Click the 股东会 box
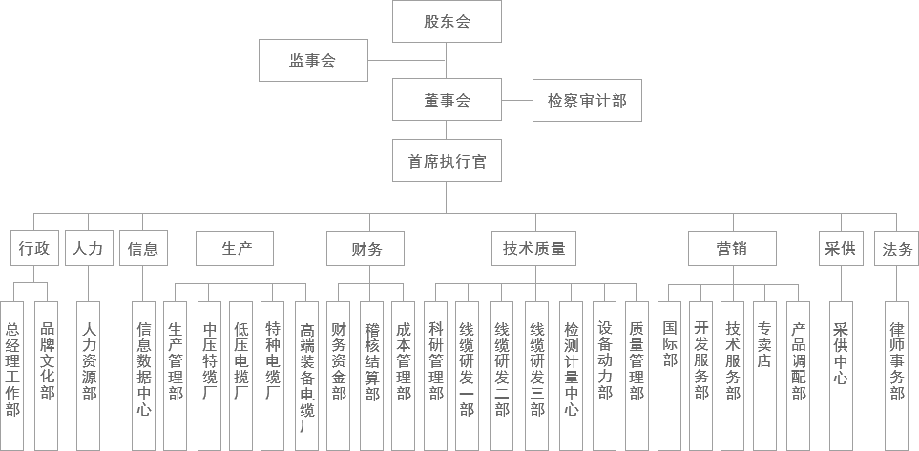(447, 22)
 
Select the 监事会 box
(314, 60)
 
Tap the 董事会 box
(447, 100)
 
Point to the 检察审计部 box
(587, 100)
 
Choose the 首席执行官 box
(447, 160)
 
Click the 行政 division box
(34, 248)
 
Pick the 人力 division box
(89, 248)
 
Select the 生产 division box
(240, 248)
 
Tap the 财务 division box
(366, 248)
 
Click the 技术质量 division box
(533, 248)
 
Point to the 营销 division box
(732, 248)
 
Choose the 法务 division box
(897, 248)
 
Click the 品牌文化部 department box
(47, 376)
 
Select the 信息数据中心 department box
(143, 376)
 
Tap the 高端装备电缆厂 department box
(306, 376)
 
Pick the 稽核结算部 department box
(371, 376)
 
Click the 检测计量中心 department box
(571, 376)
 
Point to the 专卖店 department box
(764, 376)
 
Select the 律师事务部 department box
(897, 376)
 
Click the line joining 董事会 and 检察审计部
(517, 100)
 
